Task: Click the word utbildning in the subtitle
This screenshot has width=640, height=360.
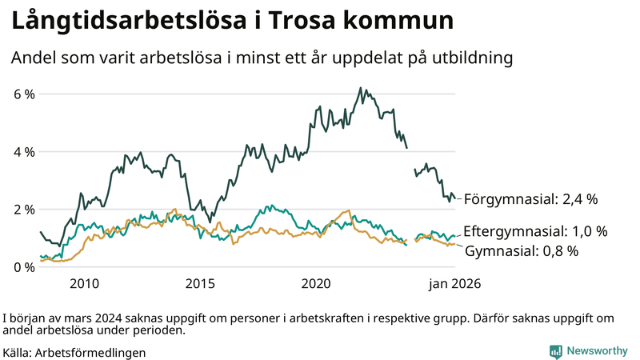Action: pos(467,58)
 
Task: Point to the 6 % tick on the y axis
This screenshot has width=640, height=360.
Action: pos(25,94)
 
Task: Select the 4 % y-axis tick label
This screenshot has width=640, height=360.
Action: pos(25,152)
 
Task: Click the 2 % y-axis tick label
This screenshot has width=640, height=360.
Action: pos(25,210)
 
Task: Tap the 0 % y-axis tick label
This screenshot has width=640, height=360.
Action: pos(25,267)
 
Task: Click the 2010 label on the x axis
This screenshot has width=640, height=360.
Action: pos(84,283)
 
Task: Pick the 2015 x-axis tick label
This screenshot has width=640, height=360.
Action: pos(201,283)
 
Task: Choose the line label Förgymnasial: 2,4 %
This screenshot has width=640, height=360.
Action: pos(531,198)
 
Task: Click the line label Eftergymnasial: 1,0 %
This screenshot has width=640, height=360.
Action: pos(535,231)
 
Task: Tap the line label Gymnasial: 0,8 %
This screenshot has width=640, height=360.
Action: pos(522,251)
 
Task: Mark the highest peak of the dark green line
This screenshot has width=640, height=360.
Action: pos(361,88)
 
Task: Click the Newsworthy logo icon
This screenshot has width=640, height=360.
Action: pos(555,351)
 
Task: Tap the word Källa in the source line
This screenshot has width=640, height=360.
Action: pos(18,352)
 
